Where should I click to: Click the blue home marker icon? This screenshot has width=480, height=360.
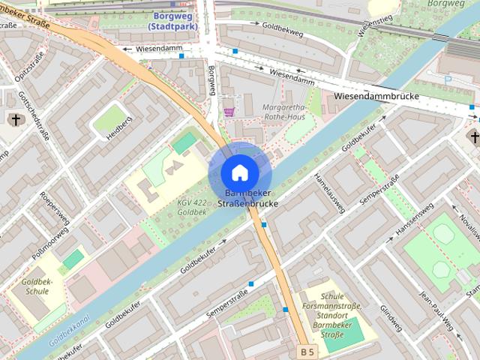[x=239, y=172]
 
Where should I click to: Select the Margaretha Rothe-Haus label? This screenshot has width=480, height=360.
[x=284, y=112]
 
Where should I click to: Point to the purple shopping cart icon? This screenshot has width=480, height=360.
[x=229, y=112]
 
